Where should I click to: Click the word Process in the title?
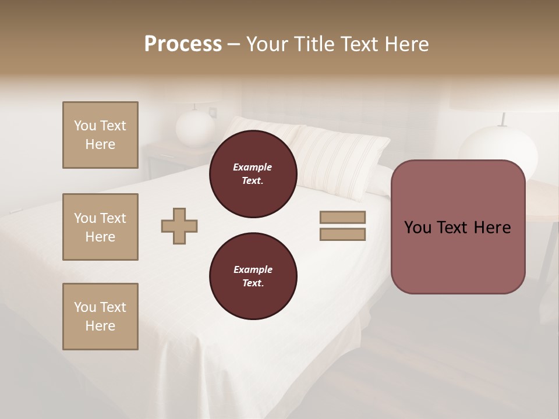[x=183, y=44]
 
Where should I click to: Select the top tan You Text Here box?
[x=100, y=135]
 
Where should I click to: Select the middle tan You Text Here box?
[x=100, y=227]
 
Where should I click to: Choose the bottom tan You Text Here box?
[x=100, y=317]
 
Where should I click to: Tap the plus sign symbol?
[x=179, y=226]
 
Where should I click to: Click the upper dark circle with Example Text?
[x=253, y=174]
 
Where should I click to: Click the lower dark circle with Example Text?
[x=253, y=276]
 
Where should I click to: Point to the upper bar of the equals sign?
[x=342, y=218]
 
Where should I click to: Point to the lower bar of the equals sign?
[x=342, y=235]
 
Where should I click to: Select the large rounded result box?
[x=458, y=256]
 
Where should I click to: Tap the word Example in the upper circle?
[x=253, y=167]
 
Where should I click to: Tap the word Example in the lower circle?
[x=253, y=269]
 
